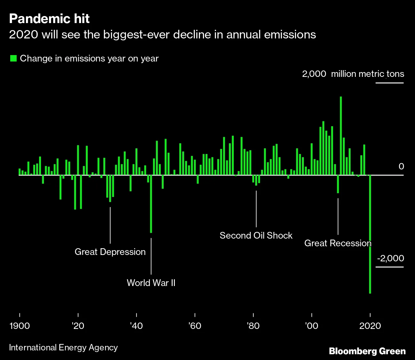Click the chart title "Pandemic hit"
(x=49, y=19)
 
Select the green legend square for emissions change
(x=13, y=58)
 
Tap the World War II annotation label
(x=151, y=283)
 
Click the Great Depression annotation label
(x=110, y=252)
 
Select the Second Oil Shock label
(x=256, y=235)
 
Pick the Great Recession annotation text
(x=338, y=243)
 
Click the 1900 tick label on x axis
(x=20, y=326)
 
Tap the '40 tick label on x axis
(x=136, y=326)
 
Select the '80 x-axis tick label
(x=253, y=326)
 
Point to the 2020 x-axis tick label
(x=370, y=326)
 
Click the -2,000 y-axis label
(x=390, y=258)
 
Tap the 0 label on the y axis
(x=401, y=167)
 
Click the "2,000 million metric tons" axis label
(x=353, y=74)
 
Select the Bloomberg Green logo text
(x=367, y=351)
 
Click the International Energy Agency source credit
(x=63, y=348)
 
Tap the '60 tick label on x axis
(x=195, y=326)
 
